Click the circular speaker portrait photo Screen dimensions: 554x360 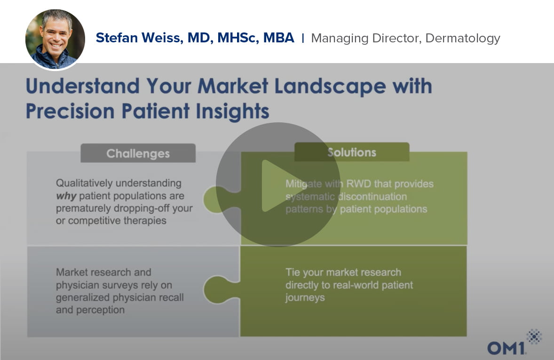(x=55, y=39)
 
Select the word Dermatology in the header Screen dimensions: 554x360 (x=463, y=39)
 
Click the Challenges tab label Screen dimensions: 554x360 (x=138, y=153)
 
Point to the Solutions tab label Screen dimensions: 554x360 (x=352, y=152)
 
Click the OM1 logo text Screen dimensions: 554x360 (x=507, y=348)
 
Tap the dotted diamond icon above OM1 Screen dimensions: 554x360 (x=534, y=336)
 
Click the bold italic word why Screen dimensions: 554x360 (x=66, y=196)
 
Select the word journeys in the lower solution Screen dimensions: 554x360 (x=305, y=298)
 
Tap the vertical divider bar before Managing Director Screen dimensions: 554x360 (x=303, y=38)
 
